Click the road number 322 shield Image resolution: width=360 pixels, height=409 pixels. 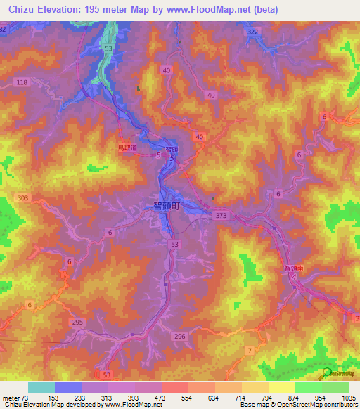(x=252, y=33)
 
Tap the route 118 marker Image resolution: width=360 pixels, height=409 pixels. (x=22, y=83)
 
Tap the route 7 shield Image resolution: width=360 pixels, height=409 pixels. (x=249, y=349)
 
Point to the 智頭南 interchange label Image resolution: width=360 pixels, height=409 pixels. (x=293, y=268)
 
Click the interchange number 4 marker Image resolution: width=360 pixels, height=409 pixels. (x=294, y=278)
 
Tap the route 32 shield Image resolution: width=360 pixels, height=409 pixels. (x=4, y=29)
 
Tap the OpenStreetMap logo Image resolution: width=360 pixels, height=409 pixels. (x=328, y=375)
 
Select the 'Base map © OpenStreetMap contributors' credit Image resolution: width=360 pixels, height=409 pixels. (x=309, y=405)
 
